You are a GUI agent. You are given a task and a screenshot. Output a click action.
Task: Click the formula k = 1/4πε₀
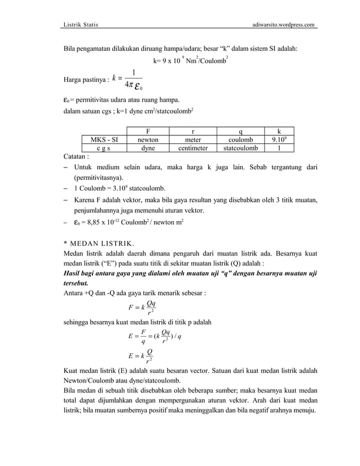coord(128,80)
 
